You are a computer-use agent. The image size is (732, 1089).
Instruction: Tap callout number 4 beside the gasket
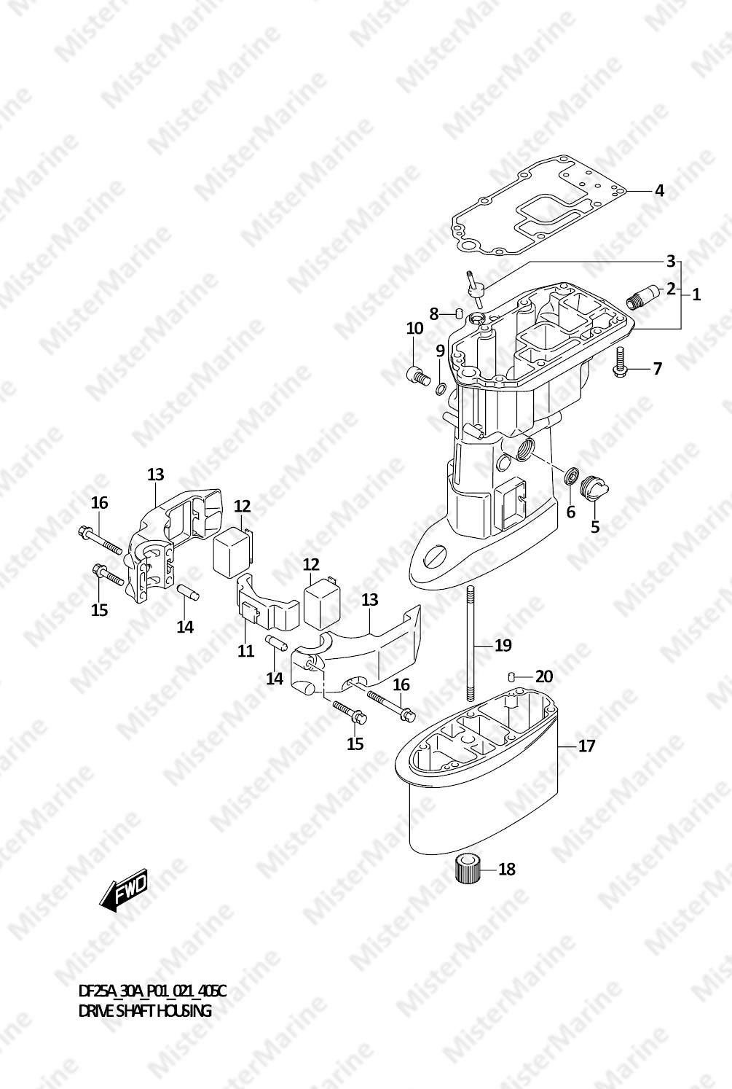(658, 190)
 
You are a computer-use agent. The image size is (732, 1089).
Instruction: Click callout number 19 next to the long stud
(503, 645)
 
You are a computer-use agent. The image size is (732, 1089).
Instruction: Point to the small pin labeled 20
(511, 676)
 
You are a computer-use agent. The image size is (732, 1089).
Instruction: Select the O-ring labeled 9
(441, 389)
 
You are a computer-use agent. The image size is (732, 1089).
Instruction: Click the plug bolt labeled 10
(418, 375)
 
